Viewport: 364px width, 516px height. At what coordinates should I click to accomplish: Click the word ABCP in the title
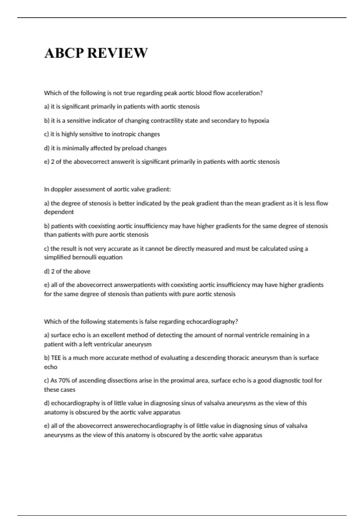coord(64,53)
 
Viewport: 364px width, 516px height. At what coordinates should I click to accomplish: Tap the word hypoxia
coord(258,121)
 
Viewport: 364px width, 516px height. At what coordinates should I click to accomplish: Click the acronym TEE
coord(56,358)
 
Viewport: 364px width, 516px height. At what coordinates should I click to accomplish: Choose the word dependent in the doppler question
coord(59,212)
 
